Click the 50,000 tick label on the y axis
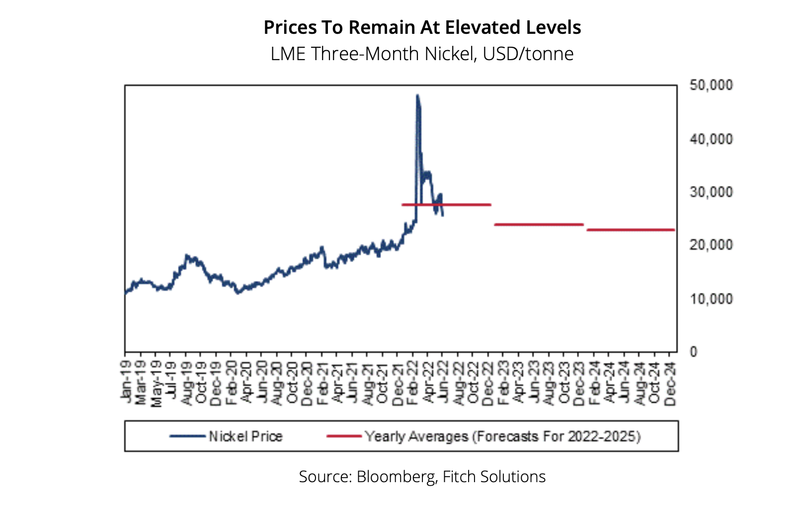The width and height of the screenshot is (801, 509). [711, 85]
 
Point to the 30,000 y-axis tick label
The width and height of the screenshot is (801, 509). [711, 192]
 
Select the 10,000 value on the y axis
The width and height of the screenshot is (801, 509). [711, 299]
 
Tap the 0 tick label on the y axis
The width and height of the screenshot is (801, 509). [694, 352]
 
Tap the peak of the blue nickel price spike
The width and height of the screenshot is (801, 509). [417, 95]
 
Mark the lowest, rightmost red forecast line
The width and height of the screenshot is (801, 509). [631, 230]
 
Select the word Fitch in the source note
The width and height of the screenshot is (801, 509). [457, 477]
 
